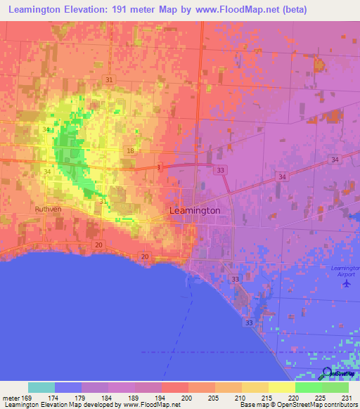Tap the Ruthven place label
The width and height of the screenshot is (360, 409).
pyautogui.click(x=49, y=209)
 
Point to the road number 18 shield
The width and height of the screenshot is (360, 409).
pyautogui.click(x=131, y=151)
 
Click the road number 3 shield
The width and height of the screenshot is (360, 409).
pyautogui.click(x=160, y=167)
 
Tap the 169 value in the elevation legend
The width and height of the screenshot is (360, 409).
pyautogui.click(x=28, y=398)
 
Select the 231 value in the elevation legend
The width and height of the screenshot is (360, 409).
pyautogui.click(x=347, y=398)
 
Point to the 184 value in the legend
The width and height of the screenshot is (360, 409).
pyautogui.click(x=108, y=398)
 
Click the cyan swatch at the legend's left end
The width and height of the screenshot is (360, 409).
pyautogui.click(x=41, y=387)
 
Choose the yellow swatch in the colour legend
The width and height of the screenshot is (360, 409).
pyautogui.click(x=281, y=387)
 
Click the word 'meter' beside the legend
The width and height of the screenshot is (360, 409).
pyautogui.click(x=11, y=398)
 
